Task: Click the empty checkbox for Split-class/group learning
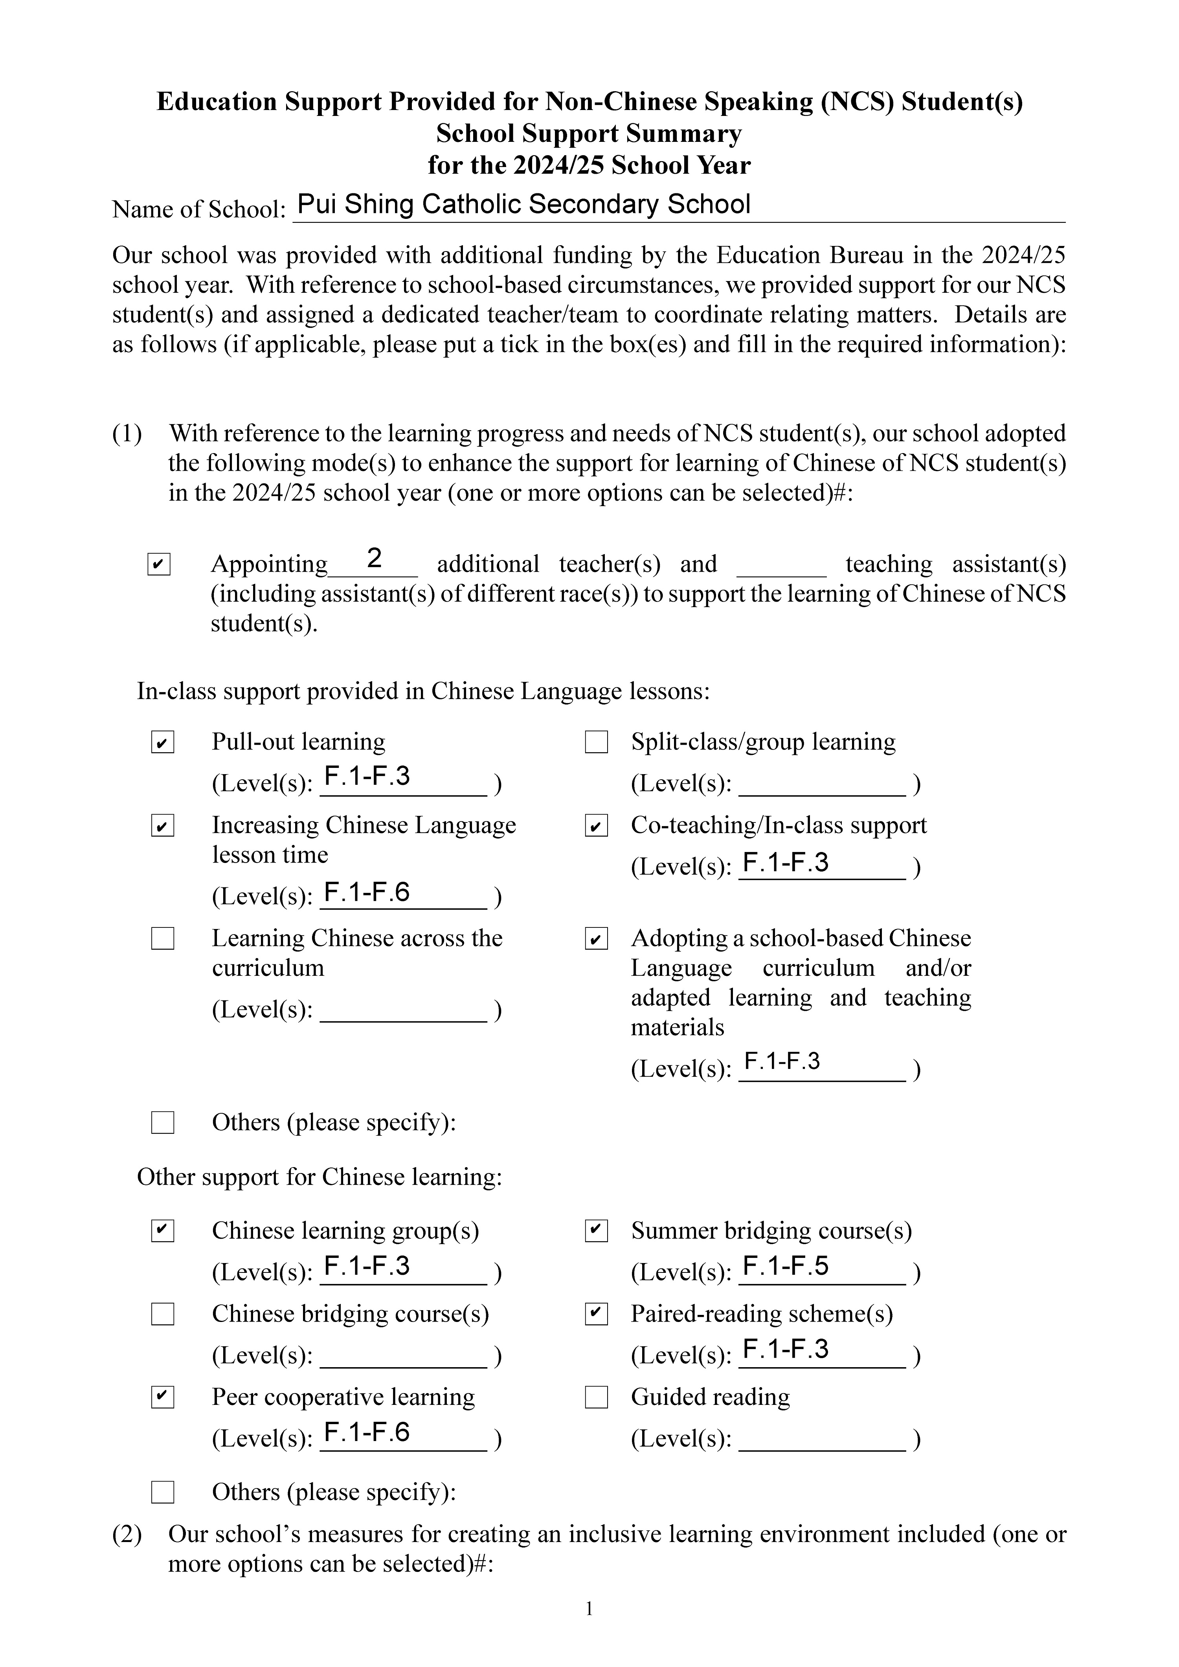pyautogui.click(x=596, y=743)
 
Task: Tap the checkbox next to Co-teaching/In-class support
pyautogui.click(x=596, y=826)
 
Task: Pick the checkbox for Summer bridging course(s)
pyautogui.click(x=596, y=1231)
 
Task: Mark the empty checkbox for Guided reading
pyautogui.click(x=596, y=1398)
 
